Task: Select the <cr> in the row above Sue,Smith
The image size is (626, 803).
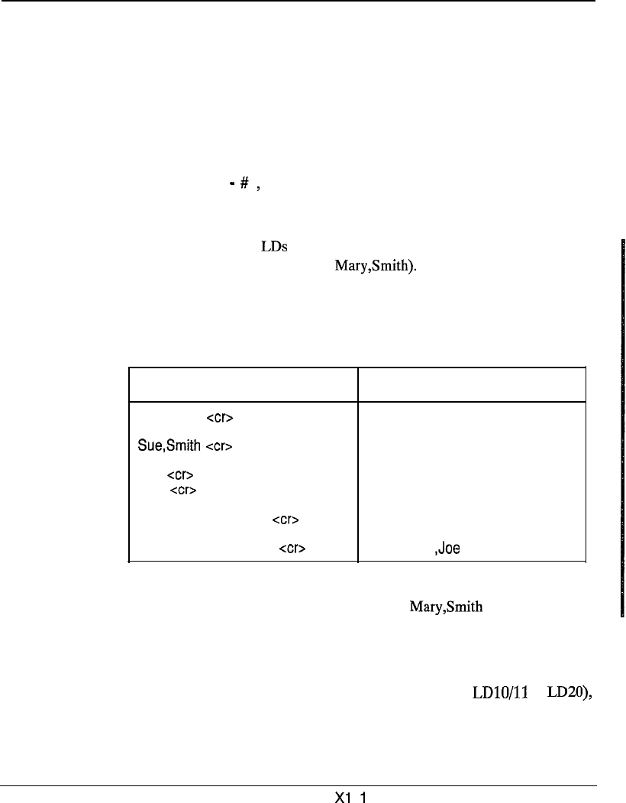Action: click(220, 418)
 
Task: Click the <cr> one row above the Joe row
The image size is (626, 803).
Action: click(285, 520)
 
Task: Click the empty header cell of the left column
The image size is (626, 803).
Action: click(244, 384)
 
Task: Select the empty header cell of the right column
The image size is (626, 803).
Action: click(471, 384)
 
